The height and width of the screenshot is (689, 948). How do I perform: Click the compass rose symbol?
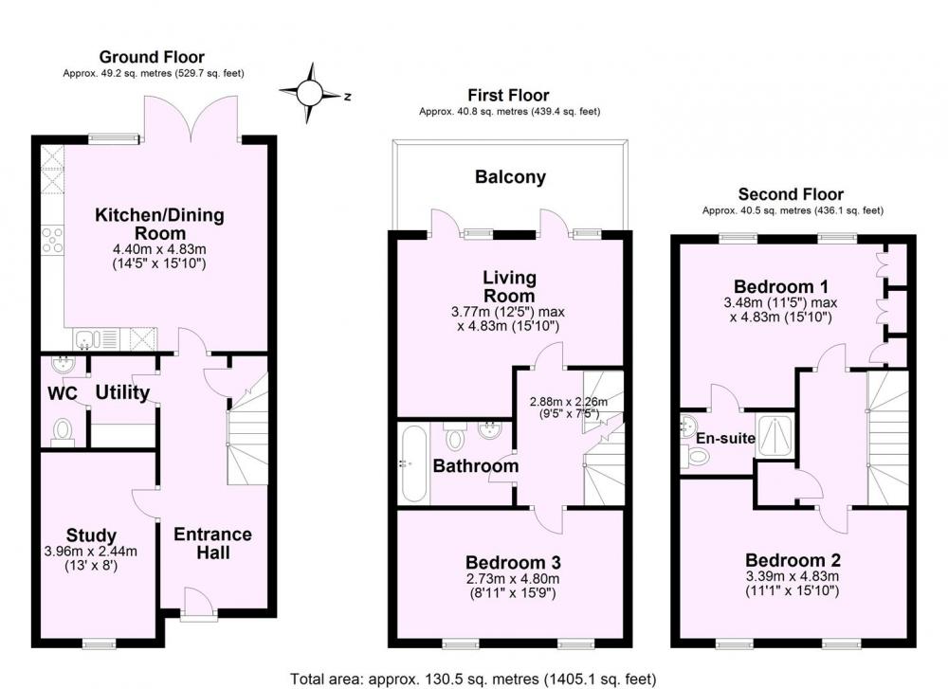click(x=311, y=94)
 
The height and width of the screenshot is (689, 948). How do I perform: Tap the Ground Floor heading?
click(x=152, y=57)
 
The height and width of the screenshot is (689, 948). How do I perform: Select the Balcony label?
click(x=510, y=177)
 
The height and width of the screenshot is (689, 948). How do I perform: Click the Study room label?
click(x=91, y=535)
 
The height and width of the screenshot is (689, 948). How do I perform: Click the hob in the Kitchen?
click(x=52, y=240)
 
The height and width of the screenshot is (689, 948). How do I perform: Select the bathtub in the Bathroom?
click(x=413, y=463)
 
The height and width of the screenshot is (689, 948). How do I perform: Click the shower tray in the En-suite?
click(x=774, y=435)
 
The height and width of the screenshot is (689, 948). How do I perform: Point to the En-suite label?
click(x=725, y=438)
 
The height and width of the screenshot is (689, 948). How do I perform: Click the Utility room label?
click(x=122, y=392)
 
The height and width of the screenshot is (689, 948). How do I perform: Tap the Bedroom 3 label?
click(x=513, y=563)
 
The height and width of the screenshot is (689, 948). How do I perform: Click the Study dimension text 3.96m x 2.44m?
click(x=91, y=552)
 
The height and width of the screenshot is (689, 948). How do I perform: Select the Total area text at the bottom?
click(x=473, y=679)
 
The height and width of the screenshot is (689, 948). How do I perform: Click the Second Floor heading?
click(x=791, y=194)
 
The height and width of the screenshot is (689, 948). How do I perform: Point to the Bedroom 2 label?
click(x=793, y=560)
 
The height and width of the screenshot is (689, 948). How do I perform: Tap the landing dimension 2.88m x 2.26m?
click(x=568, y=401)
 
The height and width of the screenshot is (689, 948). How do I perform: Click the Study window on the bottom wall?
click(x=100, y=644)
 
